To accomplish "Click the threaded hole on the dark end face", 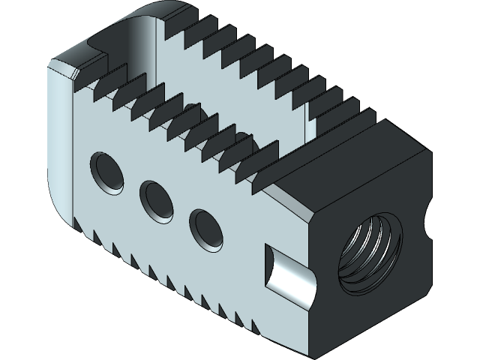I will (x=367, y=251).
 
